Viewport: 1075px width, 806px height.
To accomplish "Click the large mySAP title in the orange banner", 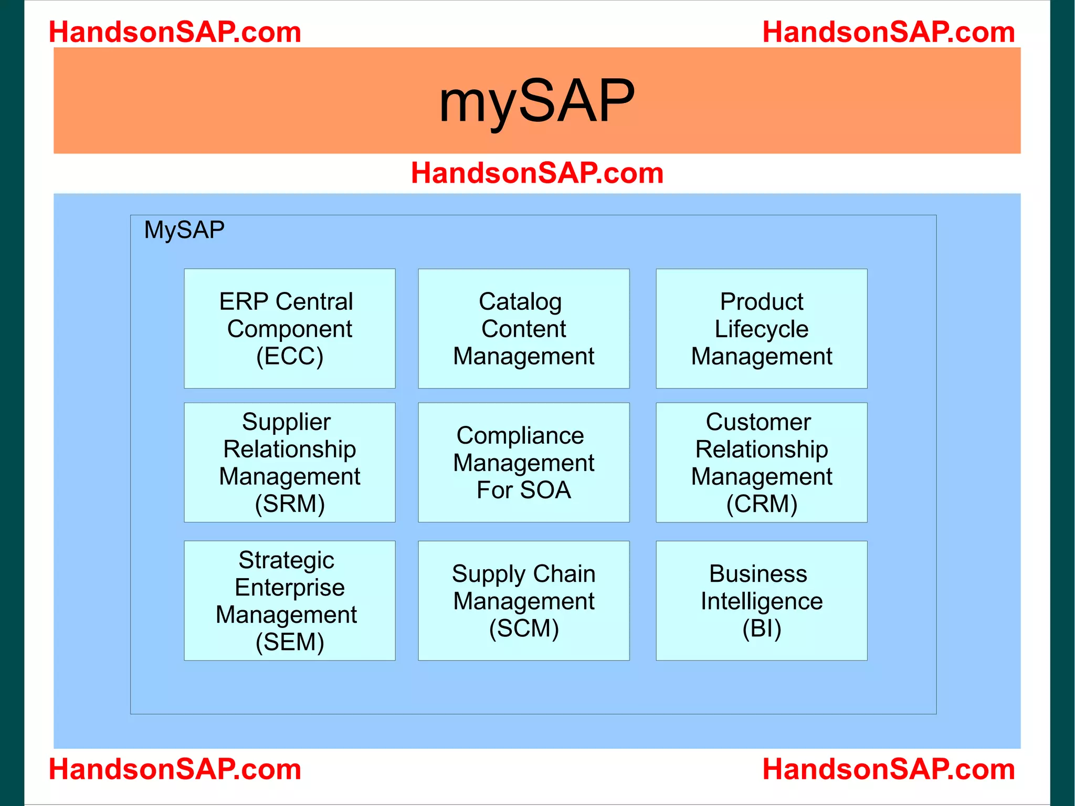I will pos(536,100).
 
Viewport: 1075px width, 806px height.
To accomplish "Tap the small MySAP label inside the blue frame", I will pos(184,230).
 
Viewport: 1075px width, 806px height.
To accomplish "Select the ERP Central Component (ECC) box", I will pos(289,329).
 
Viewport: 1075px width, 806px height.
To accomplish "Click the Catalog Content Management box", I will pos(523,329).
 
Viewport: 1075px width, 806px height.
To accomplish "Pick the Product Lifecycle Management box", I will pos(761,329).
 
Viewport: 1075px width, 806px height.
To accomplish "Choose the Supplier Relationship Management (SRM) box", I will pos(289,462).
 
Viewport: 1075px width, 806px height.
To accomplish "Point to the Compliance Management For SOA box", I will pos(523,462).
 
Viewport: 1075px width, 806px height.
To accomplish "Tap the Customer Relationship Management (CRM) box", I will pos(761,462).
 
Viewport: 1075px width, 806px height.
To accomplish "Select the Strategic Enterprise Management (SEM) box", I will pos(289,600).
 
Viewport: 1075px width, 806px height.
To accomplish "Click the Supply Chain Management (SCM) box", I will pos(523,600).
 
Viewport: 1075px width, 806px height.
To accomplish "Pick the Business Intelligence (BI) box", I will pos(761,600).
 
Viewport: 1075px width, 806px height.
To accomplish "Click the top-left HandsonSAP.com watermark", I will pos(175,32).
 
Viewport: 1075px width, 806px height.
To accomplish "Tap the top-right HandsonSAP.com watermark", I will pos(888,32).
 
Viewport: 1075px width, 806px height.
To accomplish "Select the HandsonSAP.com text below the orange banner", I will pos(537,173).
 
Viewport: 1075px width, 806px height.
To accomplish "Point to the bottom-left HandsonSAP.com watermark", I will pos(175,769).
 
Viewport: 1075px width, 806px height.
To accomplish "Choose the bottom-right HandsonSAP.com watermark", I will pos(888,769).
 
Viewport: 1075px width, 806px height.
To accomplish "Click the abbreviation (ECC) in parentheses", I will pos(289,357).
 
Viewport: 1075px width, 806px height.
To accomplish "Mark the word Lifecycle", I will pos(761,329).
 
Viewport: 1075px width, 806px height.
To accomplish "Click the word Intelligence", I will pos(761,601).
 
